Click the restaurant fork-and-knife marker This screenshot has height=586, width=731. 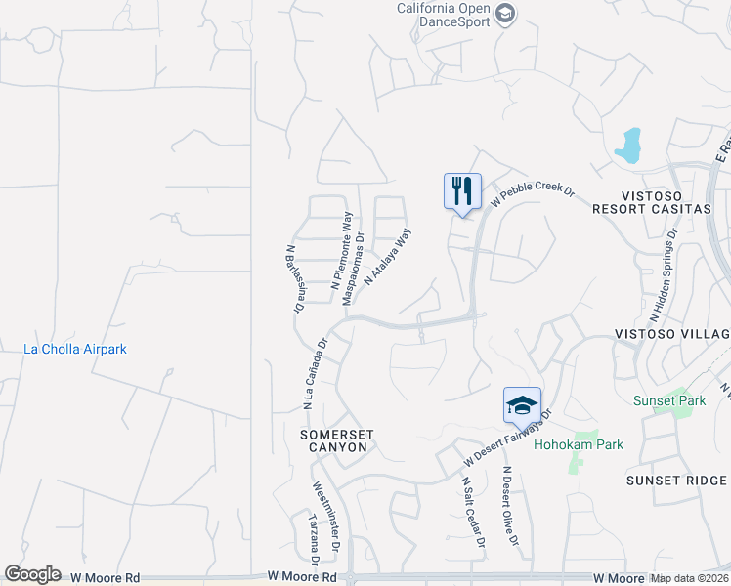click(x=462, y=190)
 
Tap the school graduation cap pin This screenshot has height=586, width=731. click(x=522, y=404)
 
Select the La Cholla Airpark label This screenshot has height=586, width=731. click(x=75, y=349)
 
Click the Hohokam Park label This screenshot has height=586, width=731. click(x=579, y=444)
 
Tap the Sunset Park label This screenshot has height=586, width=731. click(x=669, y=400)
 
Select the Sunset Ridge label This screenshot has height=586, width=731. click(x=676, y=481)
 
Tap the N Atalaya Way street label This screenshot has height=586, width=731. click(x=388, y=256)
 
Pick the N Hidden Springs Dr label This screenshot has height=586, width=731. click(x=662, y=274)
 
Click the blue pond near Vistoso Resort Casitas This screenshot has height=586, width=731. click(x=627, y=146)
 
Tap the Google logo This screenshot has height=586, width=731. click(x=32, y=574)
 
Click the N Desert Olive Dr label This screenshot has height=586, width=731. click(x=510, y=506)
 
